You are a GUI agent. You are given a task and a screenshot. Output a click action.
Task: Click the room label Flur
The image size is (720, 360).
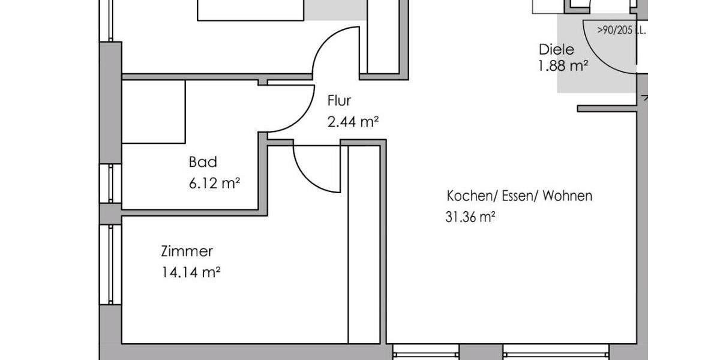pyautogui.click(x=339, y=101)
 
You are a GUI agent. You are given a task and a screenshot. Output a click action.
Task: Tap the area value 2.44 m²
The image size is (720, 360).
pyautogui.click(x=352, y=122)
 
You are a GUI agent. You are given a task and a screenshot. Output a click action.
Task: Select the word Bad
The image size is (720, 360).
pyautogui.click(x=203, y=162)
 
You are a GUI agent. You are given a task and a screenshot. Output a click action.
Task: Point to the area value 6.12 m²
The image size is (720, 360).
pyautogui.click(x=214, y=184)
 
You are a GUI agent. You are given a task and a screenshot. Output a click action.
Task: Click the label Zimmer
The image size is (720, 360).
pyautogui.click(x=187, y=251)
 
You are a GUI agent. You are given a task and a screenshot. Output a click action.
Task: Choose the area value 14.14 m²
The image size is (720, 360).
pyautogui.click(x=191, y=273)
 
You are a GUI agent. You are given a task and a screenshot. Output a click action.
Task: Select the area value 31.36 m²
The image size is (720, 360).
pyautogui.click(x=470, y=217)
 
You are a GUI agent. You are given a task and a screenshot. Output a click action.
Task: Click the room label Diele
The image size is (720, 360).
pyautogui.click(x=556, y=50)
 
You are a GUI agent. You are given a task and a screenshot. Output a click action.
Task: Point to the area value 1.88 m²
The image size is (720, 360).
pyautogui.click(x=563, y=66)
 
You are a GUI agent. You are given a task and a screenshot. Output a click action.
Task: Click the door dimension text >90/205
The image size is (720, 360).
pyautogui.click(x=615, y=31)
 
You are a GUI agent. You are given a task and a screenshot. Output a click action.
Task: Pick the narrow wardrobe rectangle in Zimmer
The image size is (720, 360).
pyautogui.click(x=364, y=243)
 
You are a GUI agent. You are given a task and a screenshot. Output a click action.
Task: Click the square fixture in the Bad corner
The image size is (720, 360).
pyautogui.click(x=154, y=112)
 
